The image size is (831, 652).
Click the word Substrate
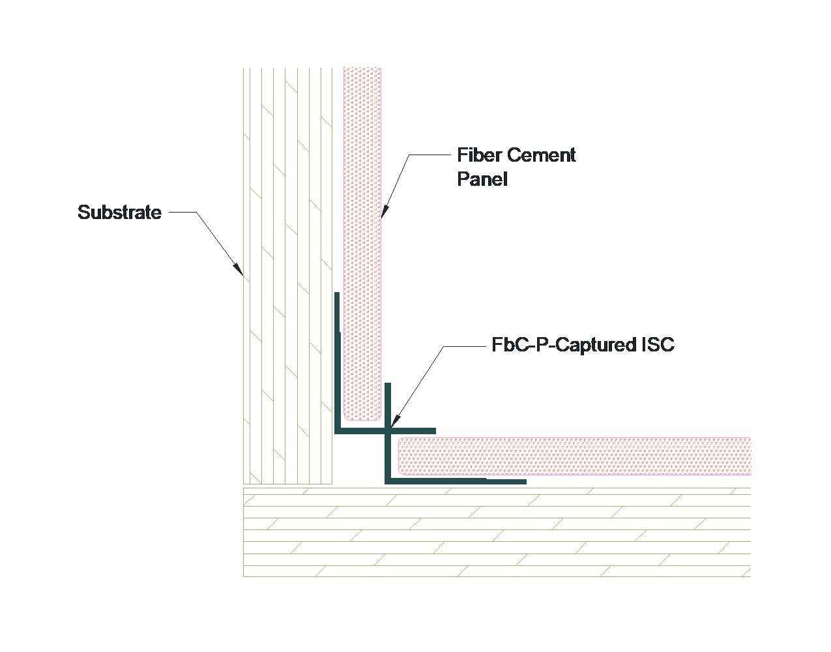point(119,213)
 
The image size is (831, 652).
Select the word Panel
point(482,179)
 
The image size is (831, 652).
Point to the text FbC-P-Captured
point(560,344)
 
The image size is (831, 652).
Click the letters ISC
point(654,344)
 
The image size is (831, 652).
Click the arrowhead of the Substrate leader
point(239,269)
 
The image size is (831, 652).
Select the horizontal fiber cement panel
point(574,456)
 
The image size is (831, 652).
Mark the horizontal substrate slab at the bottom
point(495,531)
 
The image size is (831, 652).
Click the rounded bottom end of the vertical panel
point(362,417)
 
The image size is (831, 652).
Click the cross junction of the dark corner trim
point(388,431)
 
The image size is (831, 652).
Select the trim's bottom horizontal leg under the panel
point(456,481)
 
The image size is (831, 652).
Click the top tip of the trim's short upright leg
point(388,385)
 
